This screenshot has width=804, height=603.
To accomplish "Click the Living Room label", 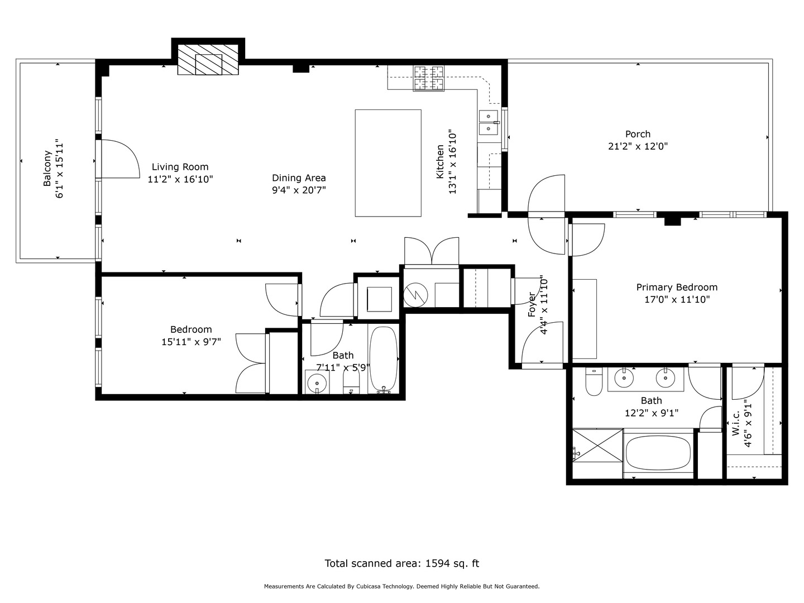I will [x=180, y=166].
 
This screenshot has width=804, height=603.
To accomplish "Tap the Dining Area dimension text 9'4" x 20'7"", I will [x=299, y=190].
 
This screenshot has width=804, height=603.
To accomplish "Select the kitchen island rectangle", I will [x=388, y=162].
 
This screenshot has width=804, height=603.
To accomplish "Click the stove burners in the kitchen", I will [x=428, y=78].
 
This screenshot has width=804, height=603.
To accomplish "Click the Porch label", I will [x=638, y=134].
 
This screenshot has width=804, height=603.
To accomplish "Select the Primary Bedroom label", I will [x=677, y=287].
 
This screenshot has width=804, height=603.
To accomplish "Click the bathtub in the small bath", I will [x=383, y=360].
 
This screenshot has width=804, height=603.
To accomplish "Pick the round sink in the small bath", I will [x=317, y=384].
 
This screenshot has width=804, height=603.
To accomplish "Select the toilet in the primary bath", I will [x=592, y=382].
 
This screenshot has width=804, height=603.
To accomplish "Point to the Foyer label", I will [x=532, y=304].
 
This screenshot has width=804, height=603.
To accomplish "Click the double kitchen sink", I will [x=488, y=122].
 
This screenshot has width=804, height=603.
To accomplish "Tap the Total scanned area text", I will [x=401, y=563].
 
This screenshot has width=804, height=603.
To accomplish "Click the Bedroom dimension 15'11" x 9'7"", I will [x=191, y=341].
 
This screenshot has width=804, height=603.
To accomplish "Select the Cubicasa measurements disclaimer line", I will [x=401, y=586].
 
